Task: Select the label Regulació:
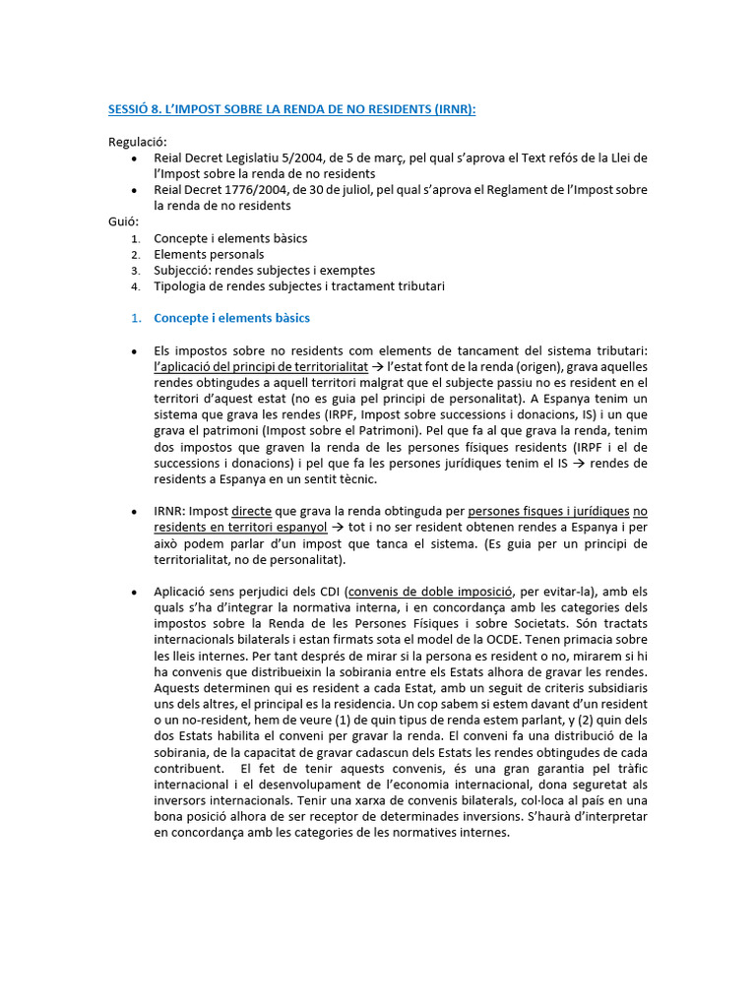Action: [138, 142]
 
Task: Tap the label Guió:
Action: [123, 221]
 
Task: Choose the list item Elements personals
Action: [209, 254]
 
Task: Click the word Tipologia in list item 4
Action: [182, 286]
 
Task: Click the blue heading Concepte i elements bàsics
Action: [231, 318]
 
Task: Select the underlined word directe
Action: [252, 511]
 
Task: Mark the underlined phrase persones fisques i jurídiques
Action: [548, 511]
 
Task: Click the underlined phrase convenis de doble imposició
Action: [431, 592]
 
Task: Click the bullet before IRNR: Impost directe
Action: [133, 512]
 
